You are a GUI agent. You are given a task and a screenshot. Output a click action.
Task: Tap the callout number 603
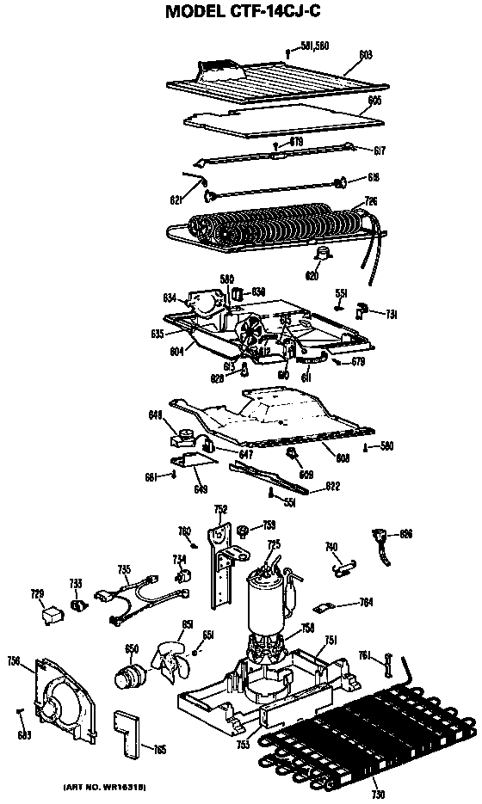365,54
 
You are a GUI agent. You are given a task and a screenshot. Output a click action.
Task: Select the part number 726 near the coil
371,201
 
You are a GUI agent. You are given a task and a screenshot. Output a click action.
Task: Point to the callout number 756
13,660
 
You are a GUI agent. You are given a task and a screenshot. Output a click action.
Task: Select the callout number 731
391,314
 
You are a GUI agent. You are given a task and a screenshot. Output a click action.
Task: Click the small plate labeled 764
325,608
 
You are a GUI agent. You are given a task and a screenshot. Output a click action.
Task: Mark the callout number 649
201,488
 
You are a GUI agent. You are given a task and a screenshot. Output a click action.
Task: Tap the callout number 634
170,298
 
